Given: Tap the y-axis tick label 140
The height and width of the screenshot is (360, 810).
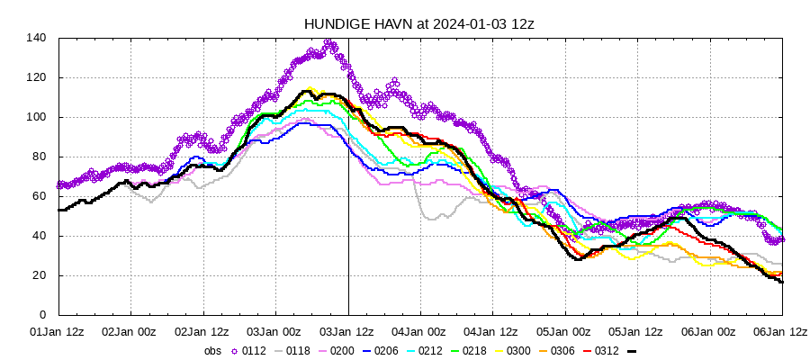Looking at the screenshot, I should (x=36, y=38).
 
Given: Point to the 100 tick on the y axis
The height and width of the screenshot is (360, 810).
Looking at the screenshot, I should (x=36, y=117).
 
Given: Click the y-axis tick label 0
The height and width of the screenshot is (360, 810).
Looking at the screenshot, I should (x=42, y=315).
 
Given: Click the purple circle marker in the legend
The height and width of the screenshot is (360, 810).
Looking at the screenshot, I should (x=235, y=350).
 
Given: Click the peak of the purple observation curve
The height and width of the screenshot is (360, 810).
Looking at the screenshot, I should (x=329, y=42).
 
